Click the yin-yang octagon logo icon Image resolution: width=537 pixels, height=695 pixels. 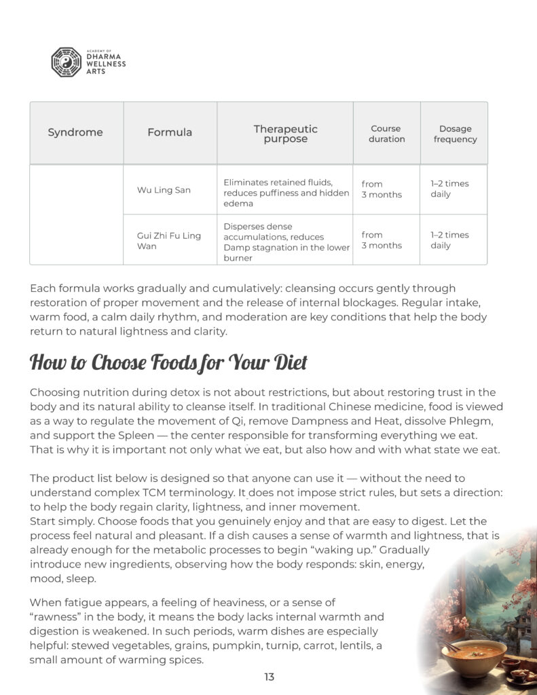[66, 62]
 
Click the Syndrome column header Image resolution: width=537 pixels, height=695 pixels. [75, 133]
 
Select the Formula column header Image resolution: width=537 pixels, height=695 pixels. [170, 133]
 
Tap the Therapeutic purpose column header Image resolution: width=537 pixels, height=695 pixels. [285, 134]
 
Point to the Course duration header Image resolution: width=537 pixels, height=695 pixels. [386, 134]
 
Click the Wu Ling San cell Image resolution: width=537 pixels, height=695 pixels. [164, 190]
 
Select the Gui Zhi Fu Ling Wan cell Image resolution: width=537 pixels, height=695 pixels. [169, 240]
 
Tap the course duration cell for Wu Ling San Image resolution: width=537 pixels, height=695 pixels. [382, 189]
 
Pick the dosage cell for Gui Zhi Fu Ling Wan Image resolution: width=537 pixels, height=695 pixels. [449, 240]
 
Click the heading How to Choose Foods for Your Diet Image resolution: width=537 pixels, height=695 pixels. [168, 362]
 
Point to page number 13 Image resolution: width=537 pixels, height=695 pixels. [269, 677]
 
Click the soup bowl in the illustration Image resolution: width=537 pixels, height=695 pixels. [472, 656]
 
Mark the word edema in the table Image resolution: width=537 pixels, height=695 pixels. [237, 204]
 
